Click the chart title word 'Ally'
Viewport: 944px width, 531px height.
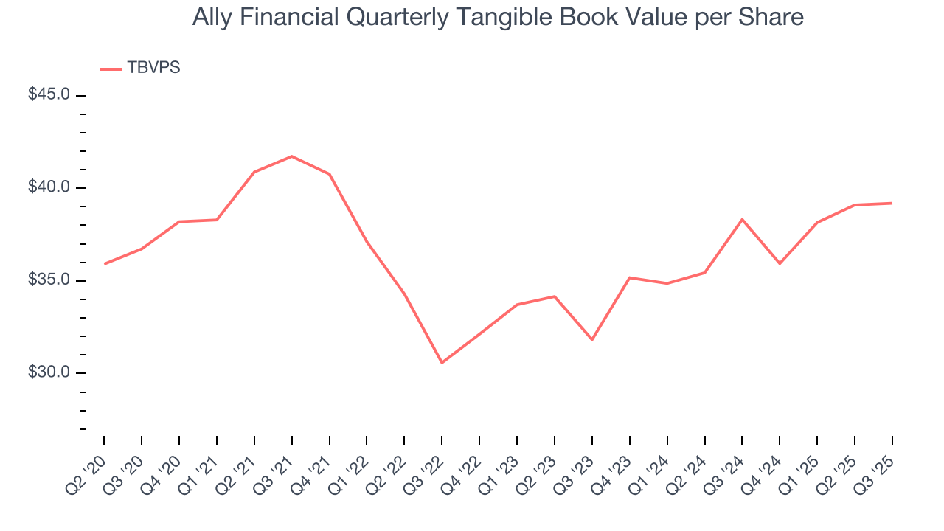tap(212, 18)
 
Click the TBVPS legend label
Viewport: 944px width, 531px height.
tap(153, 68)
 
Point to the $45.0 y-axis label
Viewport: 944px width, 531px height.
tap(49, 95)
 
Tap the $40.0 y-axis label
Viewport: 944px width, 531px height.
tap(49, 187)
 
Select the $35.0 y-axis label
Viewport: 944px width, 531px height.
tap(49, 280)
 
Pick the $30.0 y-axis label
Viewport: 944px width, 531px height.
tap(49, 372)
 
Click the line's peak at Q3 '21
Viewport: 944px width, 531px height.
tap(292, 156)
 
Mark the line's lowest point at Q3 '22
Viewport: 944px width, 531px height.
tap(442, 363)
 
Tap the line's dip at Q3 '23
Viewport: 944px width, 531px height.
tap(592, 339)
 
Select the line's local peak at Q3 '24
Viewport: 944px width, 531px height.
tap(742, 219)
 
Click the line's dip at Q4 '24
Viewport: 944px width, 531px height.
tap(780, 263)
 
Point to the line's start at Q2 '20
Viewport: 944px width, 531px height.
tap(104, 263)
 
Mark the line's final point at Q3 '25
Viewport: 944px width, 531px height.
tap(892, 203)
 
